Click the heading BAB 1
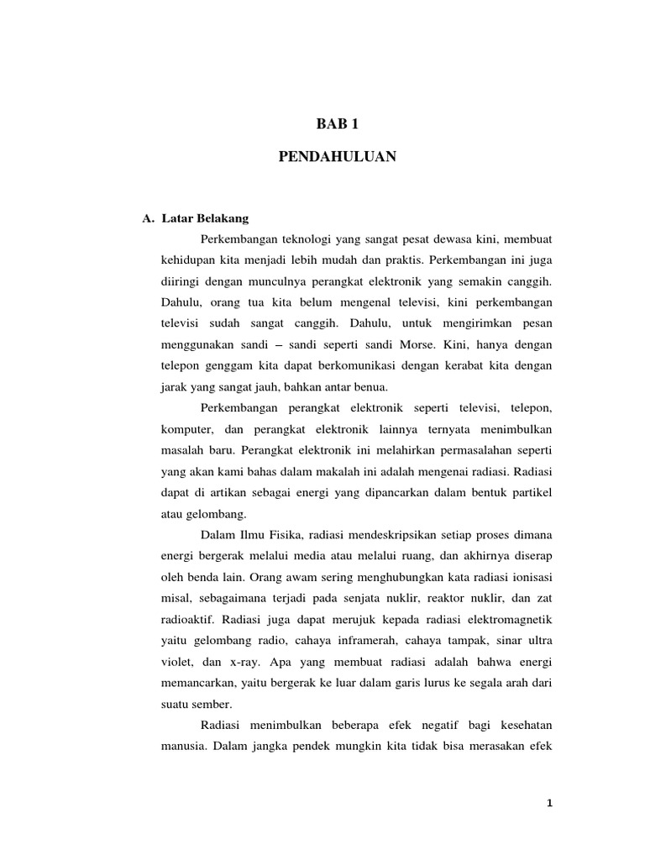336,124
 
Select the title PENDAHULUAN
336,156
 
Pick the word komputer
185,428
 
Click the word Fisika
294,534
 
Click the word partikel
530,490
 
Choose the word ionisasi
529,576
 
